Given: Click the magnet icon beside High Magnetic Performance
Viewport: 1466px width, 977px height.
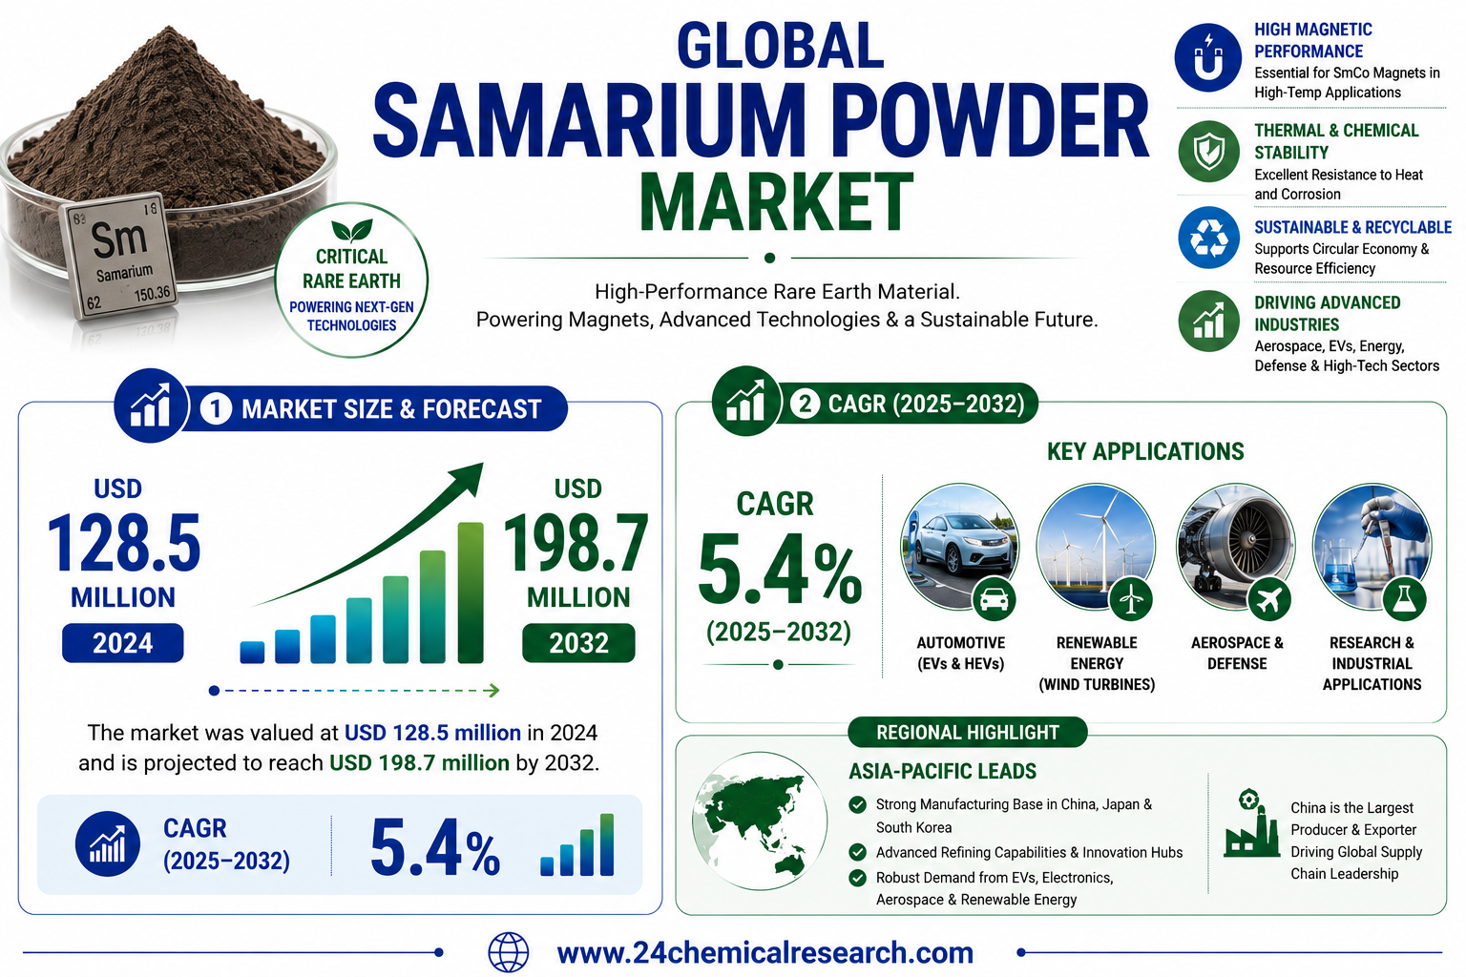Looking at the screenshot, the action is point(1207,57).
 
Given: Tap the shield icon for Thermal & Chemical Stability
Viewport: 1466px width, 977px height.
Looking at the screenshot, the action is point(1208,151).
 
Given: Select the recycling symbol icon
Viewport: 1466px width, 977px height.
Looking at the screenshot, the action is point(1208,237).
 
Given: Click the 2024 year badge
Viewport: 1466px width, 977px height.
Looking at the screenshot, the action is point(122,643).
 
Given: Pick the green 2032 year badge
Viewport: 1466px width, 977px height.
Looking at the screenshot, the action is point(578,643).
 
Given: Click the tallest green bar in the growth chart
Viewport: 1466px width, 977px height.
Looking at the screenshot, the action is point(471,592).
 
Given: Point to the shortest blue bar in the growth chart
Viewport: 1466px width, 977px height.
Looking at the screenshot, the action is point(252,653).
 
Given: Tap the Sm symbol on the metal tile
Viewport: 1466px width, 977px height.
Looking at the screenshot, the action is point(118,239).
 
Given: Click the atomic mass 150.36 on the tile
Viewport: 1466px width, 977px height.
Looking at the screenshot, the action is point(152,295).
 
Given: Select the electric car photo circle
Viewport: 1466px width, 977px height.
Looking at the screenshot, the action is point(959,547).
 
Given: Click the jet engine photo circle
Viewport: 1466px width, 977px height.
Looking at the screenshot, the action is point(1236,547).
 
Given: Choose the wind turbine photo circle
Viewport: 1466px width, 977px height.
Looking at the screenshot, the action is point(1097,547).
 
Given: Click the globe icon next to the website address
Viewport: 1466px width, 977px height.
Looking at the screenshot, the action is point(509,952).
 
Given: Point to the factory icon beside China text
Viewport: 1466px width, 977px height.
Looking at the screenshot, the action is point(1251,823).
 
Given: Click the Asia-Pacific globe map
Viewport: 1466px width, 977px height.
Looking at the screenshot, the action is point(760,821).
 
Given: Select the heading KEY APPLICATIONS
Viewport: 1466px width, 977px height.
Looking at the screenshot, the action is point(1145,451).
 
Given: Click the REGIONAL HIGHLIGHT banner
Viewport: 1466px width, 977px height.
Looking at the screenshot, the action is point(967,732).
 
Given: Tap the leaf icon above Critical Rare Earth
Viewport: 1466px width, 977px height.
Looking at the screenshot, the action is point(352,230).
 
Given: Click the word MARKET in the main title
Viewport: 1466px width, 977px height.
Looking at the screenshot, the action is point(776,202).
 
